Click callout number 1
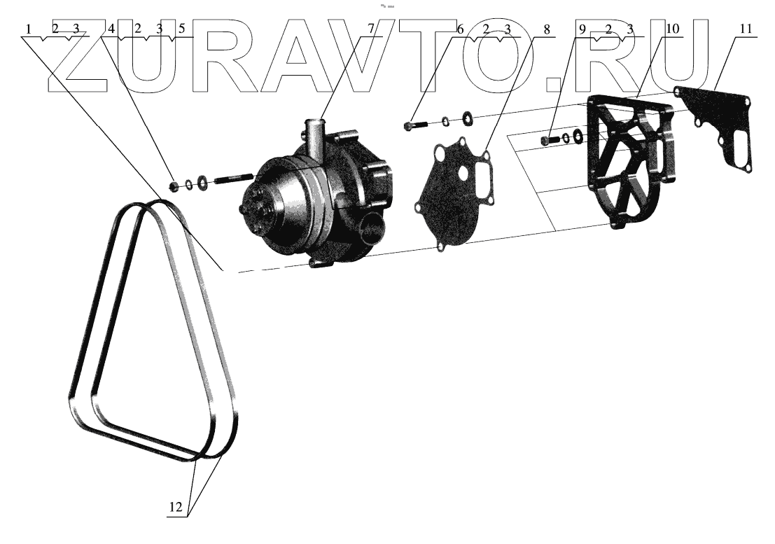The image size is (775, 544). point(27,29)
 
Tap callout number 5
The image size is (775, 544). point(181,29)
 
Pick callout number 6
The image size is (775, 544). point(460,29)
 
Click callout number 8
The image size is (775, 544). point(547,29)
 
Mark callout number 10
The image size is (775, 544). point(672,29)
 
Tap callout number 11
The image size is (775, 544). point(745,29)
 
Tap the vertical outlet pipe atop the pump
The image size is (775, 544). point(313,137)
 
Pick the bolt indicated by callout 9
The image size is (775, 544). point(549,140)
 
